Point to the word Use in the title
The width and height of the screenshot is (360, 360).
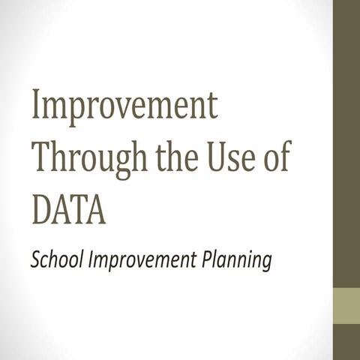click(232, 159)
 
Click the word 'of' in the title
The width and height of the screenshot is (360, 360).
click(277, 159)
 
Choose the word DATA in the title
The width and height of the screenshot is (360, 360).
click(68, 208)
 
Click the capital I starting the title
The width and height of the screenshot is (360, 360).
click(37, 106)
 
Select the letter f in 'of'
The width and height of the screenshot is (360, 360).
click(284, 157)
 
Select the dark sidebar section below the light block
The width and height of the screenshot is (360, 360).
click(346, 342)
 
